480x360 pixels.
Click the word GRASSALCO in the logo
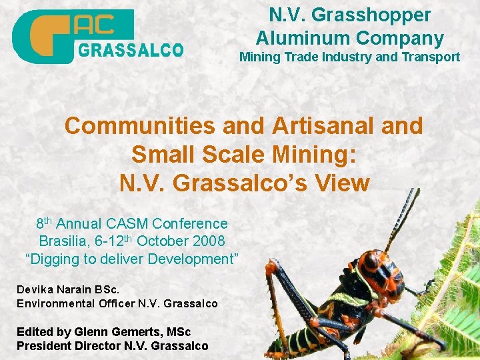(x=131, y=50)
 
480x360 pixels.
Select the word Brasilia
(x=65, y=241)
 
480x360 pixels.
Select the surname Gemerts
(x=138, y=331)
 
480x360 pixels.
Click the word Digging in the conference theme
(x=53, y=259)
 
